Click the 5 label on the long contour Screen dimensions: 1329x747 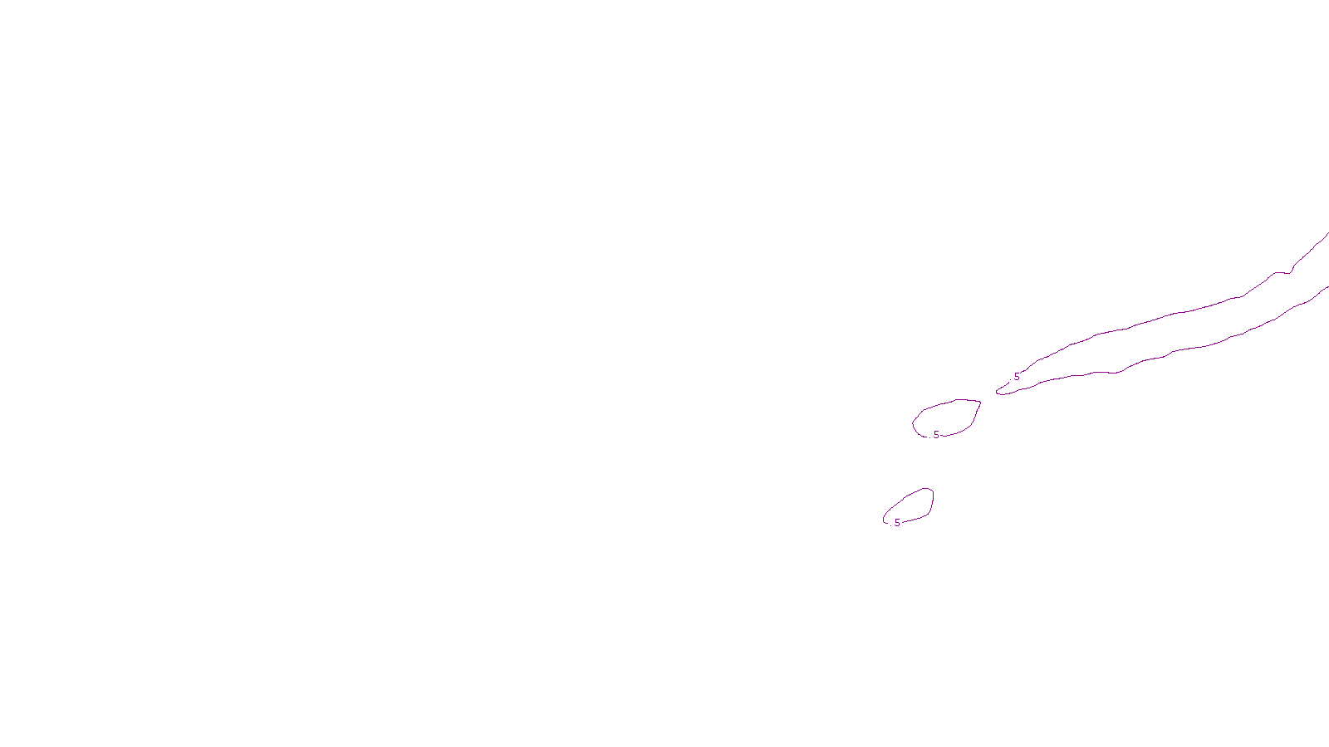[x=1017, y=377]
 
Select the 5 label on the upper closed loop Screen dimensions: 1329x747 [x=936, y=435]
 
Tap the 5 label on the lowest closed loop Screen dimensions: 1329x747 [x=897, y=523]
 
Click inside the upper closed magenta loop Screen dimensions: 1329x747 [x=947, y=417]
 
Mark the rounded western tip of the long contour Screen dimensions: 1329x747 [x=998, y=392]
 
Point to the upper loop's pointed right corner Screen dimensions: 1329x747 [x=980, y=403]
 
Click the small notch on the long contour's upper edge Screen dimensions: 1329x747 [x=1290, y=271]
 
